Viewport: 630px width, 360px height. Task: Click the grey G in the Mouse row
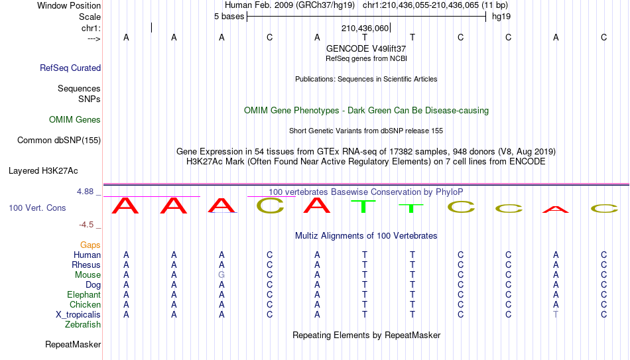tap(221, 275)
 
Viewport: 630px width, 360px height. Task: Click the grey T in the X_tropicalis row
tap(556, 315)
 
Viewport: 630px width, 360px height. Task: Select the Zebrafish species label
tap(83, 325)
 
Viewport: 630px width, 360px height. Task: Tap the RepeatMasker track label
tap(73, 344)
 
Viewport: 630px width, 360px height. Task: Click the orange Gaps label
tap(90, 245)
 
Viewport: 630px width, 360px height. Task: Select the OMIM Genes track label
tap(75, 120)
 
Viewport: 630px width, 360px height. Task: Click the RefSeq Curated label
tap(70, 68)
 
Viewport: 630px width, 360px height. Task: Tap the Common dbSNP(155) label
tap(59, 141)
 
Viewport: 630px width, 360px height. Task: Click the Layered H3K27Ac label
tap(43, 171)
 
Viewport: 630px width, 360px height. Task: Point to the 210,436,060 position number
tap(365, 28)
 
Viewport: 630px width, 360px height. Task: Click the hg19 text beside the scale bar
tap(501, 17)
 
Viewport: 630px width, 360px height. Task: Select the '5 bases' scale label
tap(229, 17)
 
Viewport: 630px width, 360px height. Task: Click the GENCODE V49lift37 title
tap(366, 48)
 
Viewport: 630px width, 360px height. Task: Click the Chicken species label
tap(85, 304)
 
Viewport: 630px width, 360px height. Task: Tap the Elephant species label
tap(84, 295)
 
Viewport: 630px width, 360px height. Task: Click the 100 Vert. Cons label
tap(37, 208)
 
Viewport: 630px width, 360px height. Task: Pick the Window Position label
tap(69, 5)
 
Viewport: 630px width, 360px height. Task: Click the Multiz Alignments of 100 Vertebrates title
tap(366, 236)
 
